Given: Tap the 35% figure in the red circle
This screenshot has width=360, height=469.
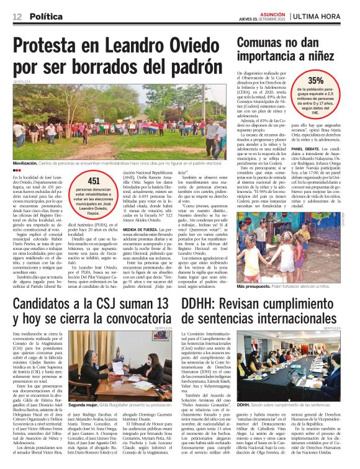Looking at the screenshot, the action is click(315, 81).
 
